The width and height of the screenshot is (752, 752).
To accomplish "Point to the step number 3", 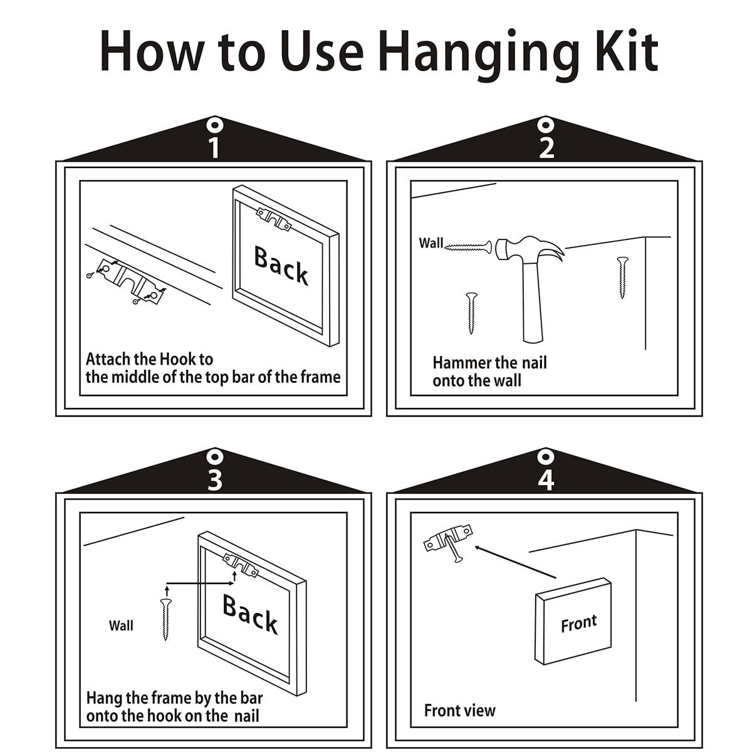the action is (215, 480).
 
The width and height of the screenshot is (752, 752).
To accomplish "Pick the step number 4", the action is (546, 481).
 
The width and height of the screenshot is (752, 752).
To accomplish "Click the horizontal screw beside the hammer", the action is (468, 247).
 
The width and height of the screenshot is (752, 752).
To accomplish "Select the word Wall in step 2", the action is (431, 243).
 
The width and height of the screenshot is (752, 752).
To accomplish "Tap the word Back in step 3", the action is (250, 614).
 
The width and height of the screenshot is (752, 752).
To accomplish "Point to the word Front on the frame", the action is (579, 623).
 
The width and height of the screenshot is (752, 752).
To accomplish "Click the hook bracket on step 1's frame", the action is (274, 219).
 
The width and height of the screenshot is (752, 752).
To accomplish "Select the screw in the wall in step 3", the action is (166, 619).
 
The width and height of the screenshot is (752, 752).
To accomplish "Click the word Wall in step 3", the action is (121, 625).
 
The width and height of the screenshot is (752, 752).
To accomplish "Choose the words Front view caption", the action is (460, 710).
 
